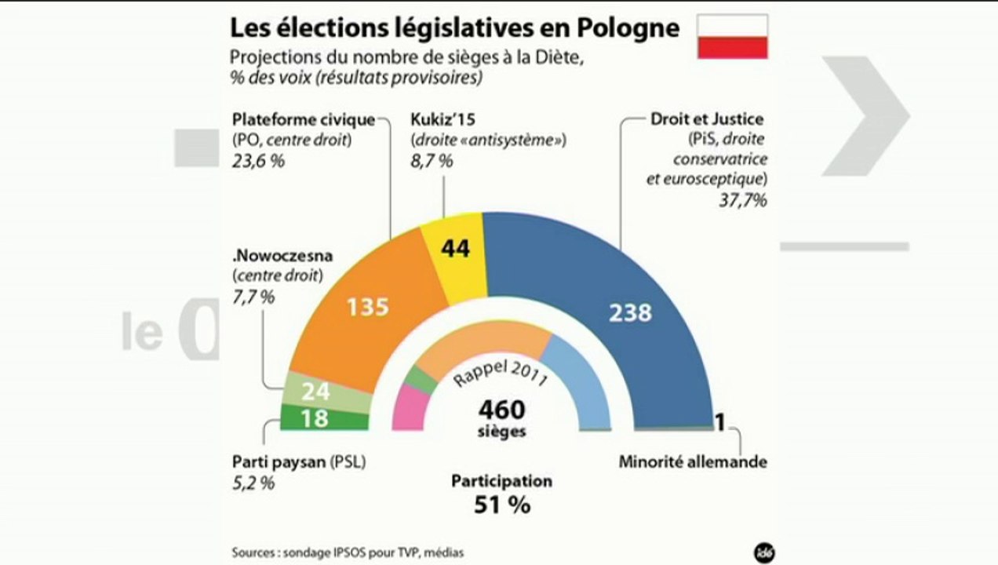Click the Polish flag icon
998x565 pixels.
(733, 36)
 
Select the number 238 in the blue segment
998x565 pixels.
(631, 312)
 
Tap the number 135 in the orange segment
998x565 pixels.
(367, 305)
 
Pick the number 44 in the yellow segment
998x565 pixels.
(455, 249)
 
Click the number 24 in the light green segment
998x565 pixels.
(315, 392)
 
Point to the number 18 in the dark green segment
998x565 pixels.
(315, 419)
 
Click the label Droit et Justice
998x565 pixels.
(707, 120)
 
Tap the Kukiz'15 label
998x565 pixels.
(442, 120)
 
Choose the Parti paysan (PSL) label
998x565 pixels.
(299, 461)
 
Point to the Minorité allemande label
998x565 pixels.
(692, 461)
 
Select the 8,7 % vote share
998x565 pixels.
(432, 162)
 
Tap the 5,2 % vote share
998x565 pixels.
(253, 483)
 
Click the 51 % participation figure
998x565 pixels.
(501, 505)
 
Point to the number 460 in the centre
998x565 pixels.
(501, 409)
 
